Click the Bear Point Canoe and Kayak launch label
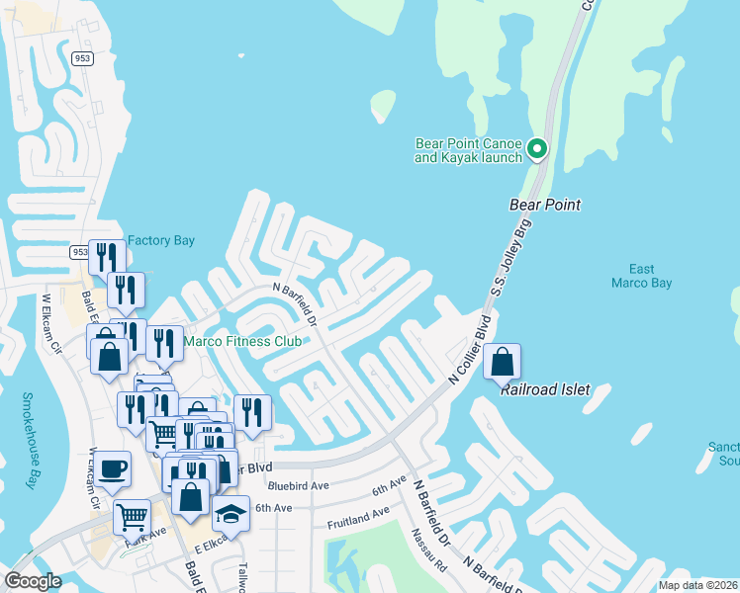pyautogui.click(x=467, y=149)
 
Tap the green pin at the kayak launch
pyautogui.click(x=537, y=149)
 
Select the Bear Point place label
pyautogui.click(x=544, y=205)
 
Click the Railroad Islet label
pyautogui.click(x=544, y=389)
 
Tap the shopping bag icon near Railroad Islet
pyautogui.click(x=503, y=363)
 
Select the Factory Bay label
pyautogui.click(x=161, y=240)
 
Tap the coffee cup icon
pyautogui.click(x=112, y=468)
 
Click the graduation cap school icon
pyautogui.click(x=231, y=514)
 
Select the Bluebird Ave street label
pyautogui.click(x=298, y=486)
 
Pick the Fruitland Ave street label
pyautogui.click(x=358, y=517)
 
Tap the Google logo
pyautogui.click(x=34, y=581)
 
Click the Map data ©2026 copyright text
pyautogui.click(x=696, y=585)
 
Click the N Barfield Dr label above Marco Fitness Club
pyautogui.click(x=294, y=302)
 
